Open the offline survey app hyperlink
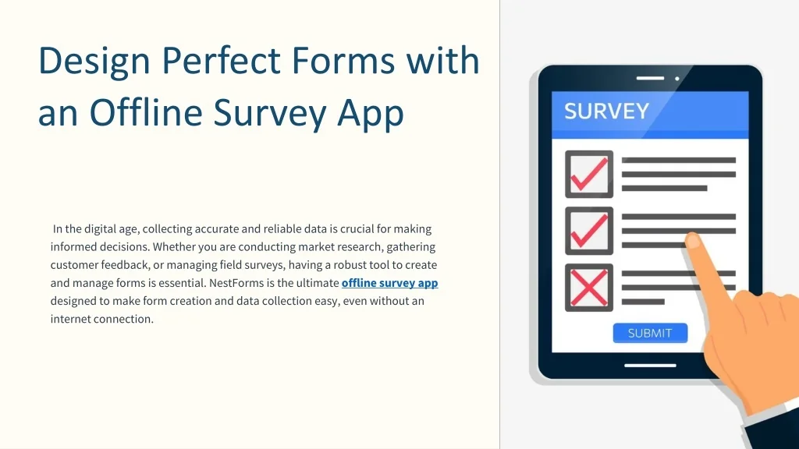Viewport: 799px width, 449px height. [x=389, y=283]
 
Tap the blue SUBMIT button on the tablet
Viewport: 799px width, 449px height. [x=649, y=333]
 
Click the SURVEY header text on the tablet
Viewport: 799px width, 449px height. [x=606, y=111]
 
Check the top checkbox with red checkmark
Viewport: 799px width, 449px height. [x=589, y=174]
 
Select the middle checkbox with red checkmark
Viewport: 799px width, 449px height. [x=589, y=231]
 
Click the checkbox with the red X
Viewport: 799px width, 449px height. [x=589, y=288]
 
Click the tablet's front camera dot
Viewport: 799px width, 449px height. [x=676, y=79]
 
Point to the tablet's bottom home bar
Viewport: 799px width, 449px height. [x=649, y=365]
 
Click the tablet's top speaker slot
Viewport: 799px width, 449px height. [x=649, y=79]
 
